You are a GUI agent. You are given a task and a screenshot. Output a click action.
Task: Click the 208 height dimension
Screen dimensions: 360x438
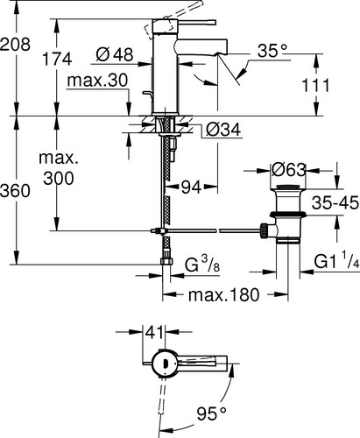15,45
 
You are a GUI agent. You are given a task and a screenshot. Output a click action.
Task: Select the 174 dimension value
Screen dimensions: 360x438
57,59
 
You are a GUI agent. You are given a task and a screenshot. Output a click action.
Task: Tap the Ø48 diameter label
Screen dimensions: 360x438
115,54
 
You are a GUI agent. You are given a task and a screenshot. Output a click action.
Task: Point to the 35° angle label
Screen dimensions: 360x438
272,51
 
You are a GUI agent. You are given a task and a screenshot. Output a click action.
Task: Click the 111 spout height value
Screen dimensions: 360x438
315,85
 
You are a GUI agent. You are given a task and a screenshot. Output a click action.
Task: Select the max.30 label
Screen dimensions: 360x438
97,80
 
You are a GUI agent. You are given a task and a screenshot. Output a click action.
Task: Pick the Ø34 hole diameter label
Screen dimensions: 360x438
223,130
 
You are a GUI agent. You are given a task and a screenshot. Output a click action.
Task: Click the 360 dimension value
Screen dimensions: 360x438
15,191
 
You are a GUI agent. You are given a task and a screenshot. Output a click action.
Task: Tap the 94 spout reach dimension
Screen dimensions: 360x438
191,187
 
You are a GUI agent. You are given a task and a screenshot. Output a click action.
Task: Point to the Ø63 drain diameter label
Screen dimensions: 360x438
288,169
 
